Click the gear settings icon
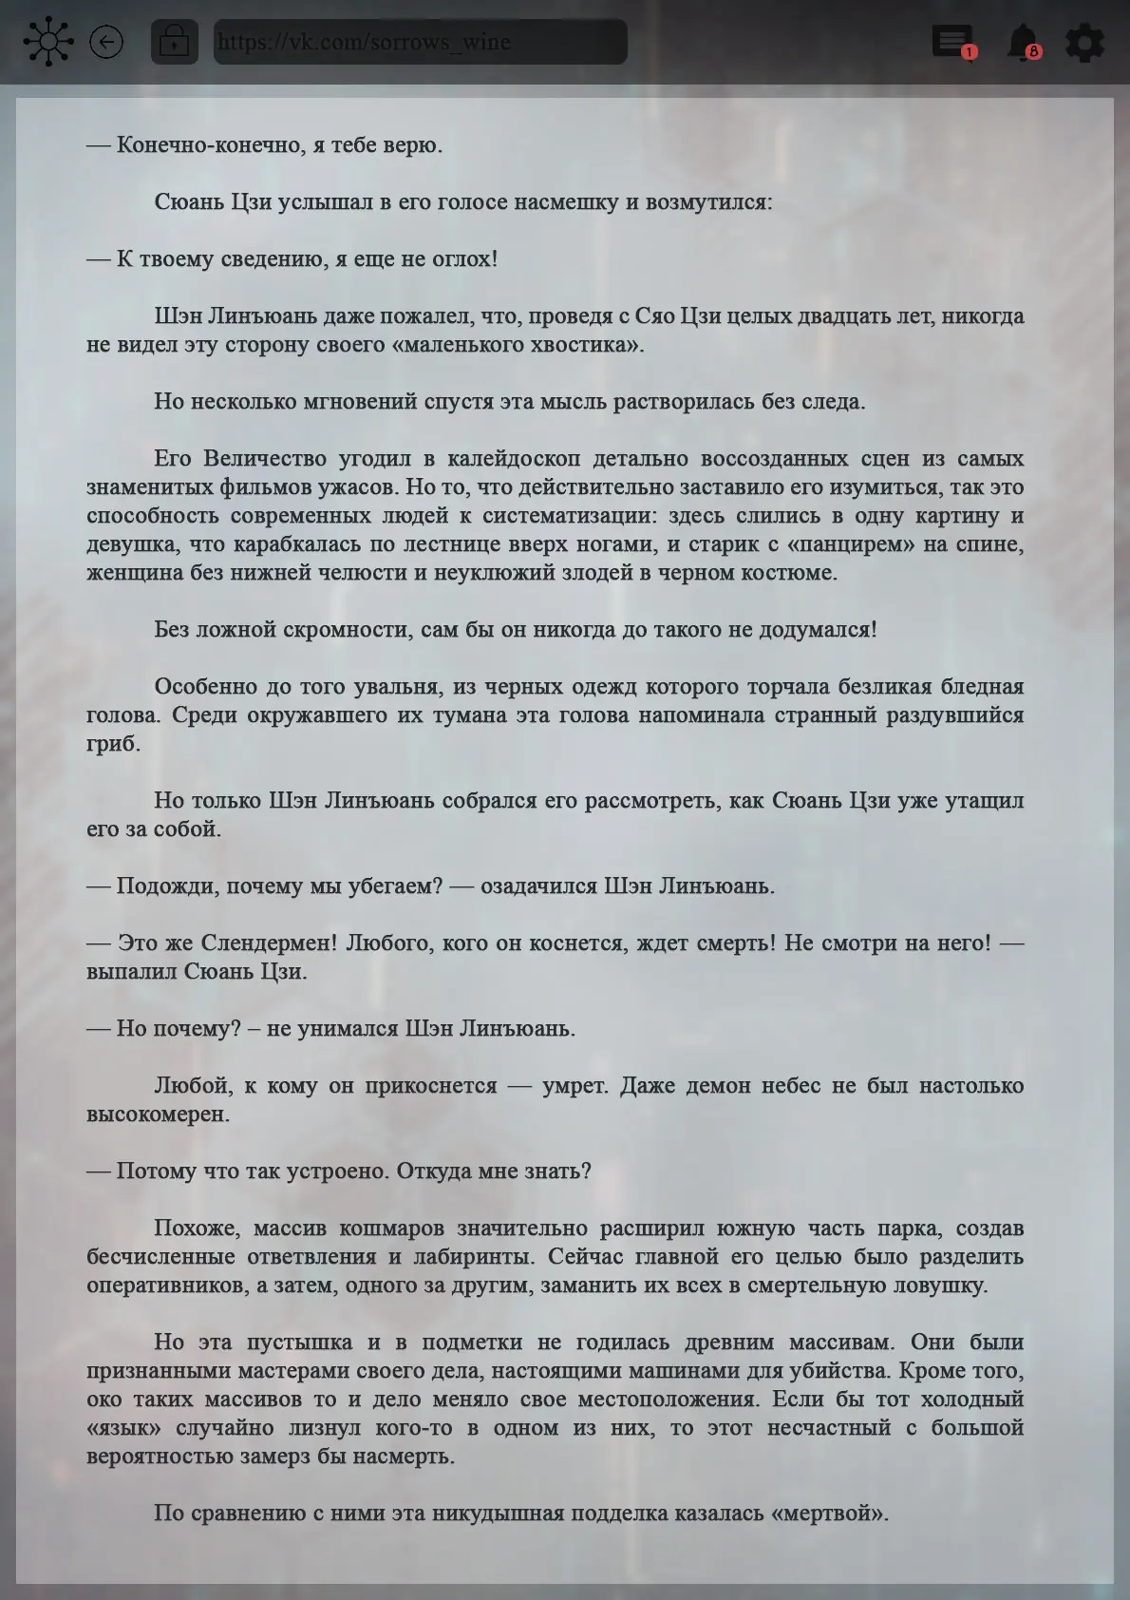tap(1084, 43)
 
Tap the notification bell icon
tap(1023, 43)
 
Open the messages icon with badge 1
tap(953, 43)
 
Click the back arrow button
tap(106, 42)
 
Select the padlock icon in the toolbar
tap(175, 42)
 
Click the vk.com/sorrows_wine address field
tap(420, 42)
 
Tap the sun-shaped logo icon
tap(47, 42)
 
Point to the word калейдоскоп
tap(514, 458)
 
